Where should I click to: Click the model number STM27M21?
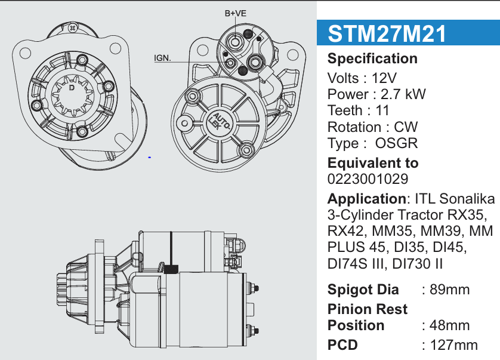[x=387, y=34]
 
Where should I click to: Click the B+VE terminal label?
[x=236, y=13]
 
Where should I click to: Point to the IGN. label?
[x=162, y=58]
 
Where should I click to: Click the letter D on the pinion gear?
[x=72, y=88]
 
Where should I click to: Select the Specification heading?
[x=372, y=59]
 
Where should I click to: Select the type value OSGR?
[x=396, y=143]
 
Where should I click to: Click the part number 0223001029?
[x=368, y=179]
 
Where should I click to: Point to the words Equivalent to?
[x=373, y=163]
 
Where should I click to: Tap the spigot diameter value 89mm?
[x=450, y=290]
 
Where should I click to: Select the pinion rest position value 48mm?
[x=450, y=326]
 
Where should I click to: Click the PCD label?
[x=343, y=345]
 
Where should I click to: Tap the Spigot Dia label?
[x=363, y=290]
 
